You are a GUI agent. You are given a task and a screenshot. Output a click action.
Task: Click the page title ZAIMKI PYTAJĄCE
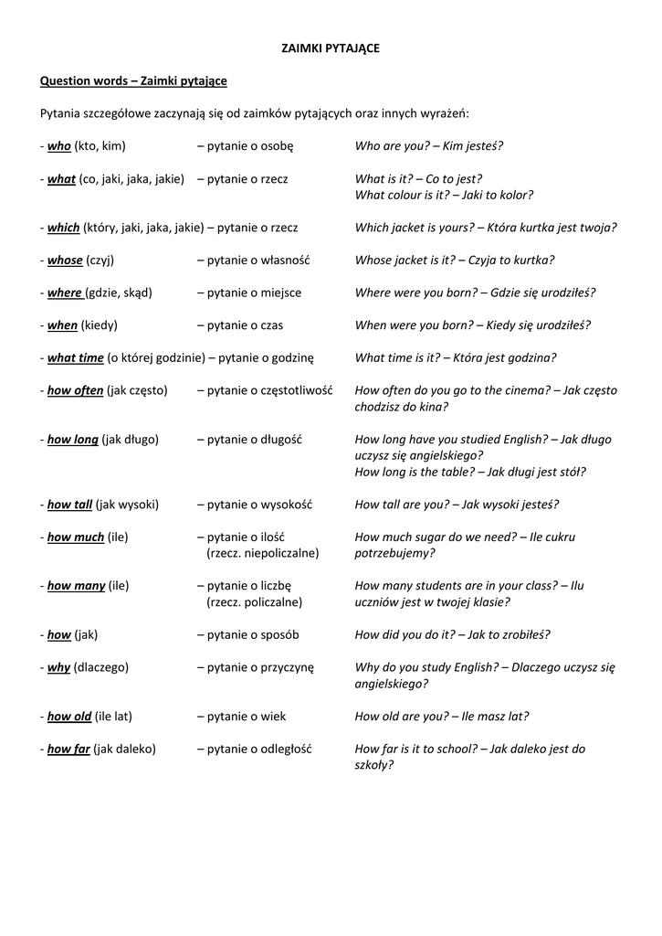pos(330,48)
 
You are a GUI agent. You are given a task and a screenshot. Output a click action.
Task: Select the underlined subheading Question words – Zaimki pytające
pos(133,81)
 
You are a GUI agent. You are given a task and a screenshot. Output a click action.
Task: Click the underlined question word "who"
pos(58,146)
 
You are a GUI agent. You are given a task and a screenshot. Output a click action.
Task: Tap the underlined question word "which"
pos(63,228)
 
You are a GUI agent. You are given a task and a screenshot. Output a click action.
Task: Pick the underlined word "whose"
pos(65,261)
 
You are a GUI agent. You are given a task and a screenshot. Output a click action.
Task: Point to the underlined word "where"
pos(65,292)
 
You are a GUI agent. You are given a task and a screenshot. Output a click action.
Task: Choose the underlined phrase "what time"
pos(75,358)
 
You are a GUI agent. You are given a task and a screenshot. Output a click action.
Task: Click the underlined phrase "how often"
pos(75,390)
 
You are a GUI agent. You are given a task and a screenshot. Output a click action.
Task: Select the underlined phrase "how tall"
pos(69,505)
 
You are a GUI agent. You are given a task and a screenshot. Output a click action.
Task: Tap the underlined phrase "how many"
pos(76,586)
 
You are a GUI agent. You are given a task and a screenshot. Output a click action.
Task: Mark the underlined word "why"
pos(58,667)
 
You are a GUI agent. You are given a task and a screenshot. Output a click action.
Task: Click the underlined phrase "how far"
pos(68,749)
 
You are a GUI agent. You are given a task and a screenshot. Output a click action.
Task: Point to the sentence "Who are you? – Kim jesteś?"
pos(428,146)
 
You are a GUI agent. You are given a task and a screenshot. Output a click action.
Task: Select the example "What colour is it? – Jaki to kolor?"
pos(444,195)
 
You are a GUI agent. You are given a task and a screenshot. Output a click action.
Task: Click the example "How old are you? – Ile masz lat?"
pos(441,717)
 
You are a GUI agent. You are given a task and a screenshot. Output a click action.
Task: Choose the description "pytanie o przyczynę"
pos(255,667)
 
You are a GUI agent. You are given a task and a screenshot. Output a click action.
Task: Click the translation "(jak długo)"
pos(130,440)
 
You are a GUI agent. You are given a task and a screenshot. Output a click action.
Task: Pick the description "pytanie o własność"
pos(253,261)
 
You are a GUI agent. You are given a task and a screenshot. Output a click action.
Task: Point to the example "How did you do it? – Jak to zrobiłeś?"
pos(452,634)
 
